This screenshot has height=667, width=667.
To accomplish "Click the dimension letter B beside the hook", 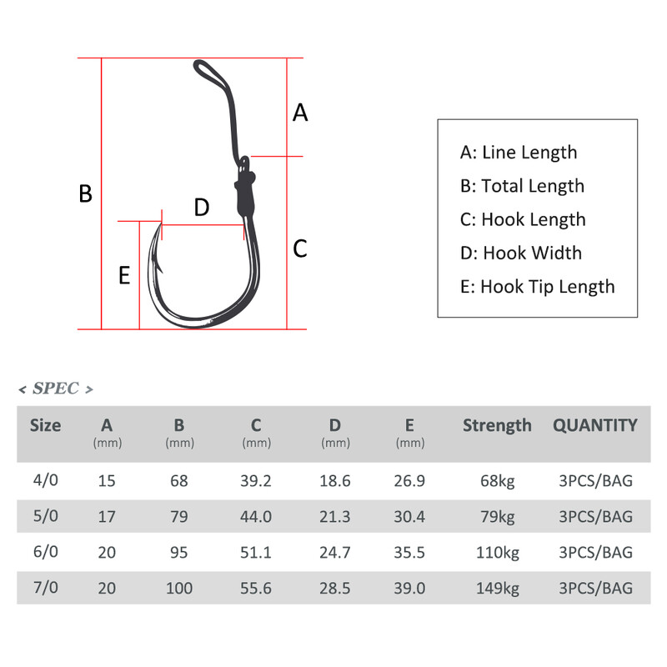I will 85,193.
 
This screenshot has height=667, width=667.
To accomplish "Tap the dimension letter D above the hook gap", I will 201,208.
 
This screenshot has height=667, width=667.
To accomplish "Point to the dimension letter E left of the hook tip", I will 124,275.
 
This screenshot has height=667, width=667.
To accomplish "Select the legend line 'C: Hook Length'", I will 523,219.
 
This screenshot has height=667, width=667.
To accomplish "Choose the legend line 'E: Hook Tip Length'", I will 537,287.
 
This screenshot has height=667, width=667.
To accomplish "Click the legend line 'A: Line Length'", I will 518,153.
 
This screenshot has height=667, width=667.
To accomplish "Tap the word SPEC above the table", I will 55,389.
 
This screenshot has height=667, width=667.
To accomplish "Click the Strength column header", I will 497,425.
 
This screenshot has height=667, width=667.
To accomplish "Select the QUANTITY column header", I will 595,425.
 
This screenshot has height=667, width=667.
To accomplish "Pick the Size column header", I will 46,425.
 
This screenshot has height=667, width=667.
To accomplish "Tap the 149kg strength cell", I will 496,589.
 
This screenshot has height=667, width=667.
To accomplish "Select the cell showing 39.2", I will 257,480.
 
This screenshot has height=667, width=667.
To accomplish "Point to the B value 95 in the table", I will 179,552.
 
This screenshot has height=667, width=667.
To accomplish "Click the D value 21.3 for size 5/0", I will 334,516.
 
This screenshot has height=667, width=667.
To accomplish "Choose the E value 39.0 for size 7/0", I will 410,589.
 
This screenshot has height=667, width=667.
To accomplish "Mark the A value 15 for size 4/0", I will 107,480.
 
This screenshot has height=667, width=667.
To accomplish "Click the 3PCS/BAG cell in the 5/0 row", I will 595,516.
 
